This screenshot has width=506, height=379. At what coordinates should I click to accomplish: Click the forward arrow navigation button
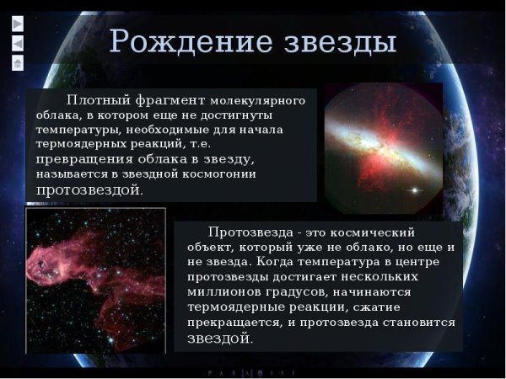pyautogui.click(x=17, y=23)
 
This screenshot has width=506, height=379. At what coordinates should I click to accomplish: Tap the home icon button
pyautogui.click(x=17, y=63)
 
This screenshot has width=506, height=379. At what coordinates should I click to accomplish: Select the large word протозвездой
pyautogui.click(x=89, y=189)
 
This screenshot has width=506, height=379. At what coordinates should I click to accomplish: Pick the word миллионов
pyautogui.click(x=222, y=292)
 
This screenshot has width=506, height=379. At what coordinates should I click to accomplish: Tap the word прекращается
pyautogui.click(x=223, y=323)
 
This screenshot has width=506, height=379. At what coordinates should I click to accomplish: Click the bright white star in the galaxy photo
pyautogui.click(x=413, y=190)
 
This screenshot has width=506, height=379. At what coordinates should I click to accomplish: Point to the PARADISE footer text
pyautogui.click(x=252, y=371)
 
